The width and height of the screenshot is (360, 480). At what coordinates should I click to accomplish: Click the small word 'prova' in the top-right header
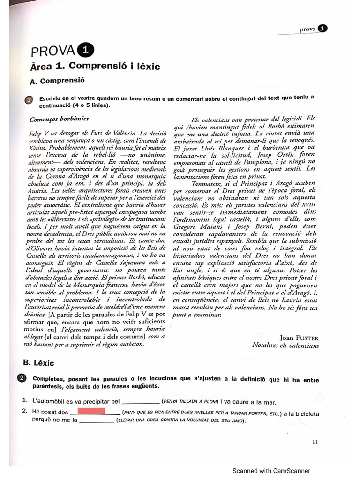point(307,29)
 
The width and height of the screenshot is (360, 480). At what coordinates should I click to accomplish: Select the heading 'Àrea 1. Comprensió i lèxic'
point(95,67)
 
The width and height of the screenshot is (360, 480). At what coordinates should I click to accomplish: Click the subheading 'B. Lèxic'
point(42,363)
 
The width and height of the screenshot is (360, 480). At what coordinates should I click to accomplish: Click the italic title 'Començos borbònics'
point(59,119)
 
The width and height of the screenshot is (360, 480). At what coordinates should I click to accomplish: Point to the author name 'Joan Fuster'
point(299,337)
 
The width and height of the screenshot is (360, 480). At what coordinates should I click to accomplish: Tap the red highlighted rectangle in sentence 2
point(90,412)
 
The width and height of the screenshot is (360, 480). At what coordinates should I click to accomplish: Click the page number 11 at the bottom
point(315,441)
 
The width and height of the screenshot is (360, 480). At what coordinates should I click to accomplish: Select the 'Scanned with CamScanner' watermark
point(272,471)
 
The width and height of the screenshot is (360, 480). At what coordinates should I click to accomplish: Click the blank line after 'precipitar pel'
point(140,402)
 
